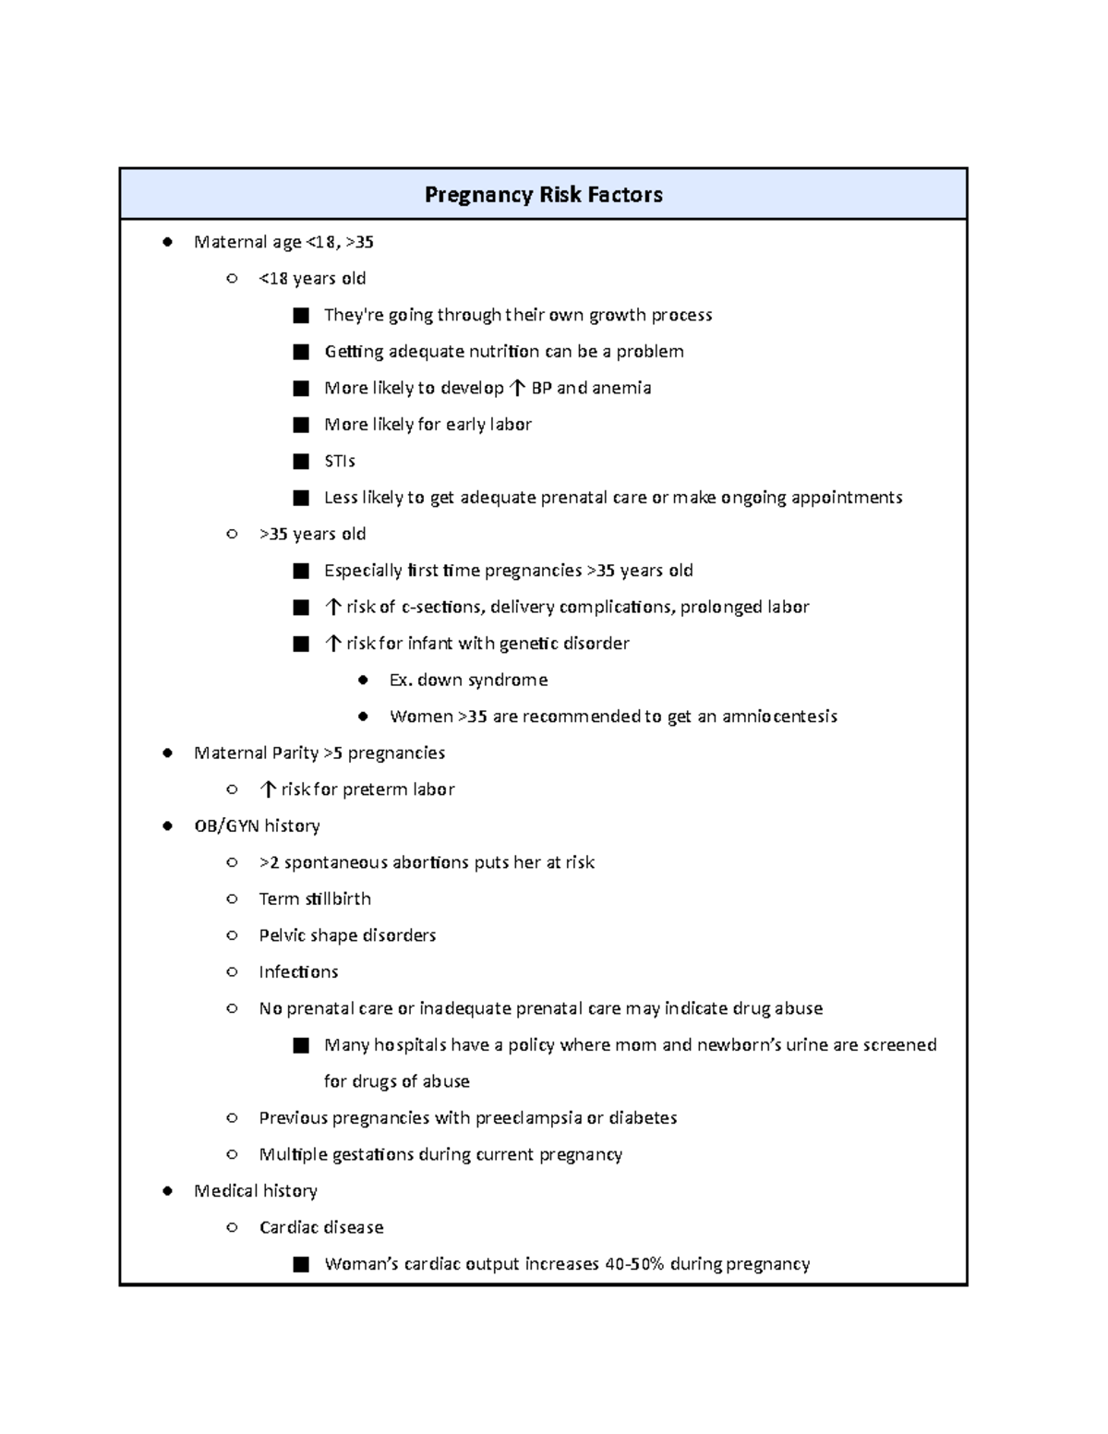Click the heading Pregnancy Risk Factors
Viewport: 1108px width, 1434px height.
click(543, 195)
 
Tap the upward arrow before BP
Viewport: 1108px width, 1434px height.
click(517, 388)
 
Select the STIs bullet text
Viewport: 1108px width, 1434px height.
click(340, 461)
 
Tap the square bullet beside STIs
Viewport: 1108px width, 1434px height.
click(301, 461)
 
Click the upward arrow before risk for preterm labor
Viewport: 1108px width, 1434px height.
click(268, 789)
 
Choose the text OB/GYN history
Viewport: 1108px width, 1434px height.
click(257, 825)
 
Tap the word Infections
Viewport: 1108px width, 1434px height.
click(298, 971)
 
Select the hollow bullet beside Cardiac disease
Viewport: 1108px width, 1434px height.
click(232, 1227)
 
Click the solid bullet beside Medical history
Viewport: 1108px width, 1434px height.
click(167, 1191)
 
